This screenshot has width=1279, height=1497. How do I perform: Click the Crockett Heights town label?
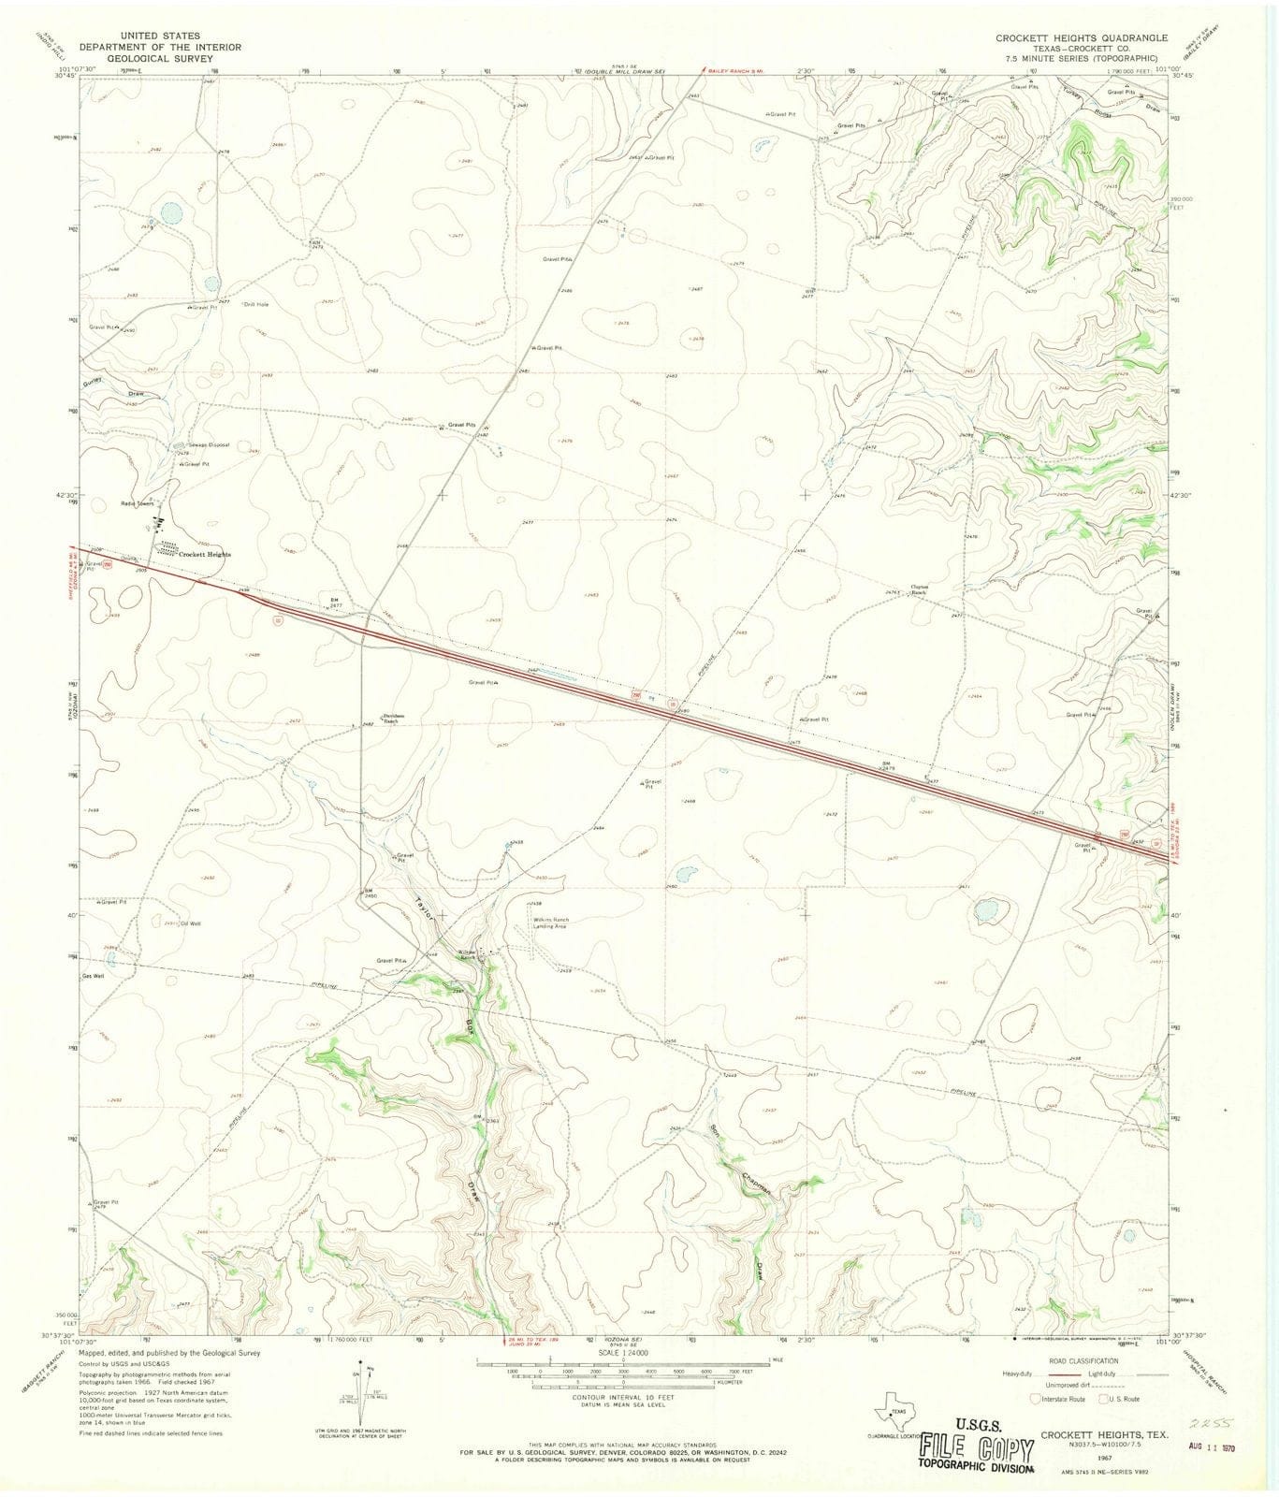tap(205, 555)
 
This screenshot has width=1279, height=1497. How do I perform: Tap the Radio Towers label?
tap(135, 503)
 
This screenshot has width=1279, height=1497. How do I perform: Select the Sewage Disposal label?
tap(208, 444)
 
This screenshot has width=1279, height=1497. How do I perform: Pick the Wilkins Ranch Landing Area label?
tap(549, 923)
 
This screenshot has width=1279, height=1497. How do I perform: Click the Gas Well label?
tap(93, 975)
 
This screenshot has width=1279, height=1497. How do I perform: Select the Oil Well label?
tap(191, 923)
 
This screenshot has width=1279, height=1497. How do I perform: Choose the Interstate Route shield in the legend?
tap(1034, 1400)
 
